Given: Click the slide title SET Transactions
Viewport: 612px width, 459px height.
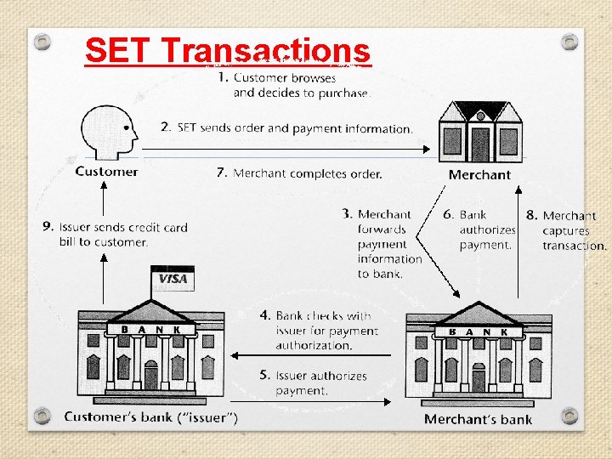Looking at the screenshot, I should [228, 50].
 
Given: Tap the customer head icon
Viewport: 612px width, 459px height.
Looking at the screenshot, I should [108, 132].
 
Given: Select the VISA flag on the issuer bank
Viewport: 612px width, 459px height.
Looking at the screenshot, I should [173, 279].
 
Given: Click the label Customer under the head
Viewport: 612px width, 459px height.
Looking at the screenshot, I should [106, 172].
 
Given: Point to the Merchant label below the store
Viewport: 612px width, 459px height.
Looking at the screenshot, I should [479, 175].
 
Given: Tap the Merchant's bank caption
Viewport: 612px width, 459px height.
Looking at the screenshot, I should [478, 418].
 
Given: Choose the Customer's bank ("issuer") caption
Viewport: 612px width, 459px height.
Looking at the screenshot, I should [151, 416].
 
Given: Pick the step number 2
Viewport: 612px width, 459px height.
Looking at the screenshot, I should [166, 127].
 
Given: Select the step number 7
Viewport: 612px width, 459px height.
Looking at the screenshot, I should [221, 173].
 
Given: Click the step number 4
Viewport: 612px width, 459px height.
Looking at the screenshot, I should [265, 315].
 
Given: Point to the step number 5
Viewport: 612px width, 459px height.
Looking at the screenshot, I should [265, 375].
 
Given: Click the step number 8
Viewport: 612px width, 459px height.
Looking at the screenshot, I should [531, 216].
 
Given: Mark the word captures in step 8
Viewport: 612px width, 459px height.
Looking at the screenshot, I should [566, 231].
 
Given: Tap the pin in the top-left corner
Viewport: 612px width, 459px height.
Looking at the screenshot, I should [42, 40].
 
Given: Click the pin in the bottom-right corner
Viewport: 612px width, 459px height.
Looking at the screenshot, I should [570, 415].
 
